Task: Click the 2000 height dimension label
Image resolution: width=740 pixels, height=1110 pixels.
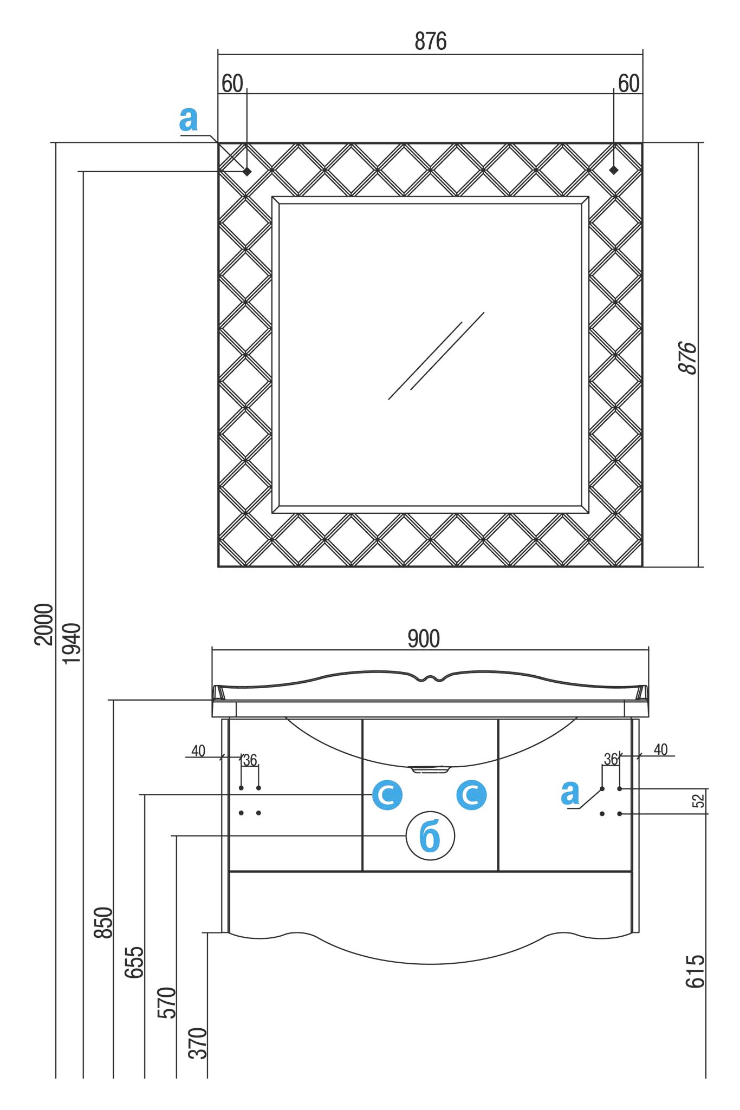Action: pyautogui.click(x=44, y=624)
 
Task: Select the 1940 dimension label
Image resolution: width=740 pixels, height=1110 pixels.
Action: pyautogui.click(x=72, y=643)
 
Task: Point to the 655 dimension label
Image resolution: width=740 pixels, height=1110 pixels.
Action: pyautogui.click(x=134, y=962)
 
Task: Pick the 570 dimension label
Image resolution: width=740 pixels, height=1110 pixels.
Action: pyautogui.click(x=166, y=1003)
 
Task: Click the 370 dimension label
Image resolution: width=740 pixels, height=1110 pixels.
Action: pyautogui.click(x=198, y=1043)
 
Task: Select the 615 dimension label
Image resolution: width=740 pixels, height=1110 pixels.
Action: pyautogui.click(x=696, y=971)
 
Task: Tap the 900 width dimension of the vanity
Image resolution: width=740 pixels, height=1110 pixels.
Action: pyautogui.click(x=424, y=639)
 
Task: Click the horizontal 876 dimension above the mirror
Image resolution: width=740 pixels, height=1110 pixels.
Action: pyautogui.click(x=431, y=41)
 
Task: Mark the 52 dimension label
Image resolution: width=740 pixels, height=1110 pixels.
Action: pyautogui.click(x=699, y=800)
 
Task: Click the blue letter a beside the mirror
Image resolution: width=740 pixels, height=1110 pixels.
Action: pyautogui.click(x=189, y=119)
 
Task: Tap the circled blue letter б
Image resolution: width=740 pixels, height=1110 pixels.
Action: pyautogui.click(x=430, y=836)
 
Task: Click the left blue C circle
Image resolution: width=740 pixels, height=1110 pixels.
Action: pyautogui.click(x=387, y=795)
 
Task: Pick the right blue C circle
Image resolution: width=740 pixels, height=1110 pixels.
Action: pyautogui.click(x=471, y=795)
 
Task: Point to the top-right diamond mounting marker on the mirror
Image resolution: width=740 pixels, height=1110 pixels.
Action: pyautogui.click(x=614, y=170)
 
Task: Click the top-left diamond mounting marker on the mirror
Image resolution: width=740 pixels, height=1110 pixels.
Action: pyautogui.click(x=247, y=171)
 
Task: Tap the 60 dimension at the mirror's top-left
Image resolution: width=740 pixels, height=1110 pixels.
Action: pyautogui.click(x=232, y=84)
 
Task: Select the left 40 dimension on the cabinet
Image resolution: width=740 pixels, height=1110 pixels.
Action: pyautogui.click(x=198, y=751)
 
